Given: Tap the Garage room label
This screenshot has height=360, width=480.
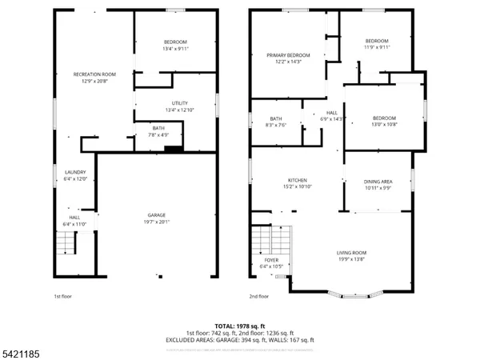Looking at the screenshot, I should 157,214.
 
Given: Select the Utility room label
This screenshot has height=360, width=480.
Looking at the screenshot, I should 180,103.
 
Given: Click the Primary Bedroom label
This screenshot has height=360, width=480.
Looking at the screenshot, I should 288,55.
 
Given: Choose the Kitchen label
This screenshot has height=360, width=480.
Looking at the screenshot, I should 298,180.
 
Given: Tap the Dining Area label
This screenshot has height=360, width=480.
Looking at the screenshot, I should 378,181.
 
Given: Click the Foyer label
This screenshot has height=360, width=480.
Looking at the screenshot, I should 271,260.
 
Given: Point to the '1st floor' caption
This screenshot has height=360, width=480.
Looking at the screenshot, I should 63,297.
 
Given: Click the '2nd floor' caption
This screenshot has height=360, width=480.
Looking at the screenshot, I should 259,297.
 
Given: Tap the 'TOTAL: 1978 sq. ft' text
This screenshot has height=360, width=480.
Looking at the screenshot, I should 240,326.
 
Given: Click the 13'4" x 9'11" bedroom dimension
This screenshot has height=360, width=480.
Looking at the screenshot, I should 175,48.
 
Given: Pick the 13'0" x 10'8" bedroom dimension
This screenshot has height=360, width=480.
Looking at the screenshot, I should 384,124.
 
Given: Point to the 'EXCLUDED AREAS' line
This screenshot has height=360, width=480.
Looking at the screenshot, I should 240,339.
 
